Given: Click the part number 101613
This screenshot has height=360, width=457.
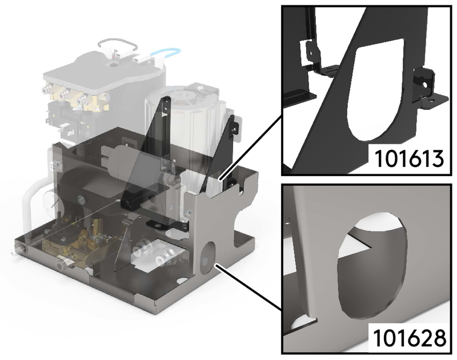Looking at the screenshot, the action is pos(408,159).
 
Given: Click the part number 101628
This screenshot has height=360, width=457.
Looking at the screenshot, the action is pos(409,338).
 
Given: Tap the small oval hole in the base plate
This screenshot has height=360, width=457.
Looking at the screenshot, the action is pos(182,281).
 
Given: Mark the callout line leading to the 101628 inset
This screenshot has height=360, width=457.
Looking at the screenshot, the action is pos(248,287).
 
